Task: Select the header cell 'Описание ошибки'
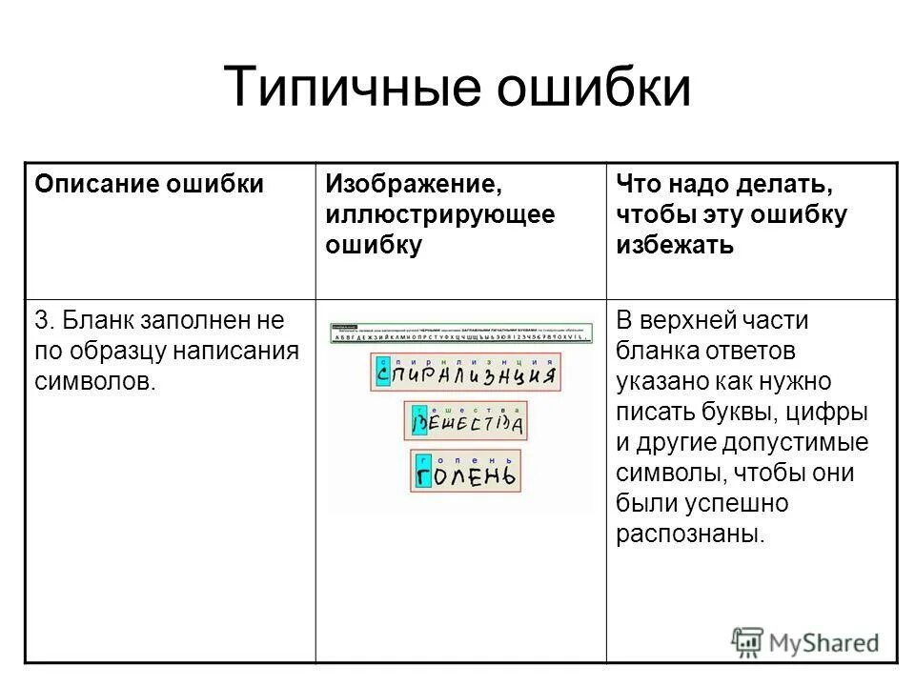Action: point(150,184)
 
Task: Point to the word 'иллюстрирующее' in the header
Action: point(439,214)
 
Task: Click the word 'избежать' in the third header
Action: point(675,245)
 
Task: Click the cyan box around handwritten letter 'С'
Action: point(383,372)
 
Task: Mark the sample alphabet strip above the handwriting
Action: point(461,333)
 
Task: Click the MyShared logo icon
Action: point(747,640)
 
